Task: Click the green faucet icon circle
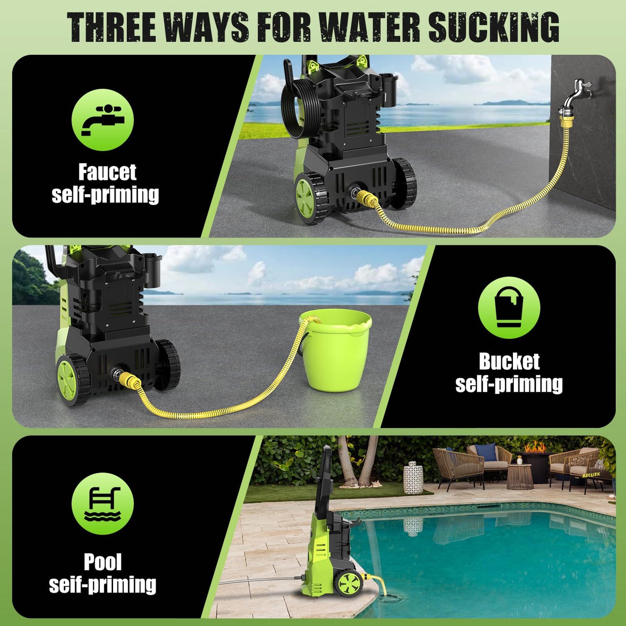coord(103,120)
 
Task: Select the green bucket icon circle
coord(509,308)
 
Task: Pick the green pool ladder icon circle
coord(103,504)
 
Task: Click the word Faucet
coord(107,172)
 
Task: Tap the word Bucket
coord(509,361)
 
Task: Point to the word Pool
coord(103,562)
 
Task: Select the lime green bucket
coord(336,350)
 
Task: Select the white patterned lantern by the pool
coord(413,477)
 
